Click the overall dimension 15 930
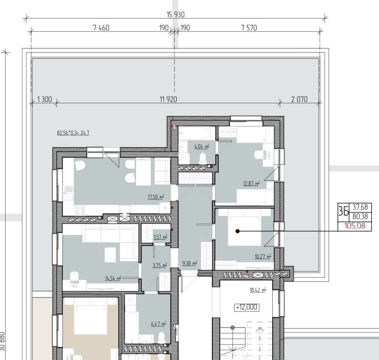point(176,15)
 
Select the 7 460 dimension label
point(101,28)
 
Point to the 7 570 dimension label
point(249,28)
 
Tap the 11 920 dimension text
point(168,99)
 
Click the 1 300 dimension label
point(44,99)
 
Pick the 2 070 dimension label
point(299,99)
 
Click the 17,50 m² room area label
point(156,197)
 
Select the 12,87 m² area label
point(251,183)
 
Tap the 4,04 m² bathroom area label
point(202,146)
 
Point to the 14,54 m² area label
point(113,278)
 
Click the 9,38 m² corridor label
point(189,263)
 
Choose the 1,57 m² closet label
point(160,237)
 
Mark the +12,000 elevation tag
point(247,307)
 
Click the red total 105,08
point(355,226)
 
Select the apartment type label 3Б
point(343,211)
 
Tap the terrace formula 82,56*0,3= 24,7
point(73,133)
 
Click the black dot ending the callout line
point(237,231)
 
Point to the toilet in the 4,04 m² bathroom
point(203,158)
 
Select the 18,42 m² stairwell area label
point(258,290)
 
